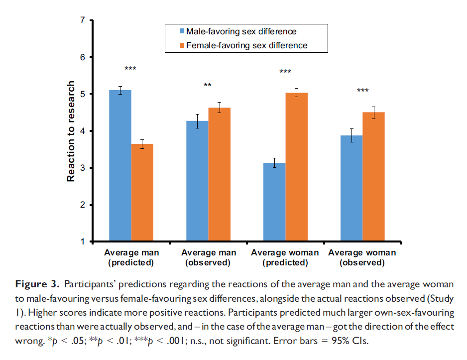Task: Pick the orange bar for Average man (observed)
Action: click(x=219, y=175)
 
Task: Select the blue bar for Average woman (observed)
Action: click(x=351, y=189)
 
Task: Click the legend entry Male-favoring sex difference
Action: click(x=241, y=32)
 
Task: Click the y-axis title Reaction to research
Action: click(x=71, y=131)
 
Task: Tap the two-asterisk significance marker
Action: click(x=208, y=86)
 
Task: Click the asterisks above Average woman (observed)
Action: click(x=362, y=91)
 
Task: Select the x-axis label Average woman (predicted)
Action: click(x=285, y=257)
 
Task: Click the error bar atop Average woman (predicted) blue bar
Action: click(x=274, y=163)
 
